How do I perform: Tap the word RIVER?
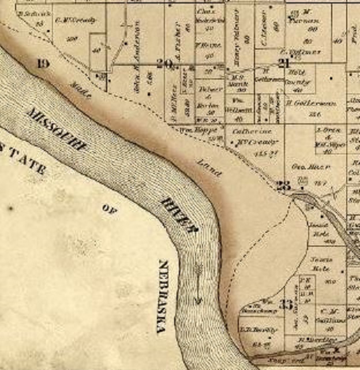point(179,213)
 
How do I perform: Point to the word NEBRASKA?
point(163,297)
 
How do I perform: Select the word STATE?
point(24,162)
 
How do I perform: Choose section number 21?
point(283,63)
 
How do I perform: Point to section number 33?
point(285,304)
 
